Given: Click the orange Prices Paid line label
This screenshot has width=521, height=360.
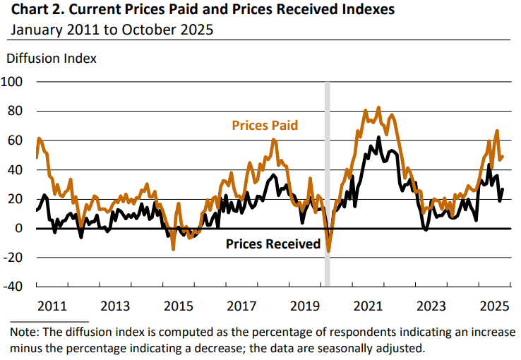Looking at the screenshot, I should (x=265, y=125).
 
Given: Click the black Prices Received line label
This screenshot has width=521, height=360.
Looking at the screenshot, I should (x=273, y=244).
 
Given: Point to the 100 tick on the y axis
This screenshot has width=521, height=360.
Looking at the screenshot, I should (x=15, y=82).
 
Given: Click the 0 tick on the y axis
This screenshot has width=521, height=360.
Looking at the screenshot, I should (x=21, y=228).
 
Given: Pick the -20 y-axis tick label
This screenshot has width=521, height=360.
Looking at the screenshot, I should (x=15, y=258).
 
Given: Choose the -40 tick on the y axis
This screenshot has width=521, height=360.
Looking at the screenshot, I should (x=15, y=287).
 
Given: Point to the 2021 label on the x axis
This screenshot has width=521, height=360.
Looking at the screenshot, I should (x=368, y=306).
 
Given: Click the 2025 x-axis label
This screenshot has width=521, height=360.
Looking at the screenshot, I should (x=494, y=306).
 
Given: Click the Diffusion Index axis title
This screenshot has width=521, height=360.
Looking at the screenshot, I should (x=51, y=58).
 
